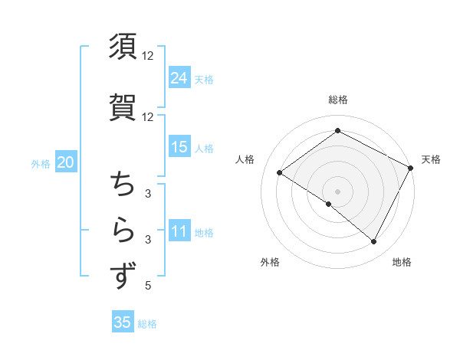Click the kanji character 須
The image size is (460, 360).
pos(123,47)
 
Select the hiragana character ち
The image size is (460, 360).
pos(123,184)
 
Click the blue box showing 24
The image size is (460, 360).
pos(179,77)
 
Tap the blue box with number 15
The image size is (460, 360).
pos(179,147)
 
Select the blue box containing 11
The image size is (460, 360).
pos(179,231)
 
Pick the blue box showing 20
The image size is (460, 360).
pos(65,162)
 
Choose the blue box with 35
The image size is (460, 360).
pos(123,322)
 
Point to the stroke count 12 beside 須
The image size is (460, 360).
pos(147,56)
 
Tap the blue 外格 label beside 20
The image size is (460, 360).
pos(41,163)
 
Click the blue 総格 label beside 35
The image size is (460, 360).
pos(147,323)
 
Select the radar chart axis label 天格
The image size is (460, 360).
pos(431,159)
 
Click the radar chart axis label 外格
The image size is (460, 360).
pos(270,262)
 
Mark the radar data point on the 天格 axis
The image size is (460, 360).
pos(411,168)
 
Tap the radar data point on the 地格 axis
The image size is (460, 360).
pos(373,241)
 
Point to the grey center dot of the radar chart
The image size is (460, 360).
pos(337,191)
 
